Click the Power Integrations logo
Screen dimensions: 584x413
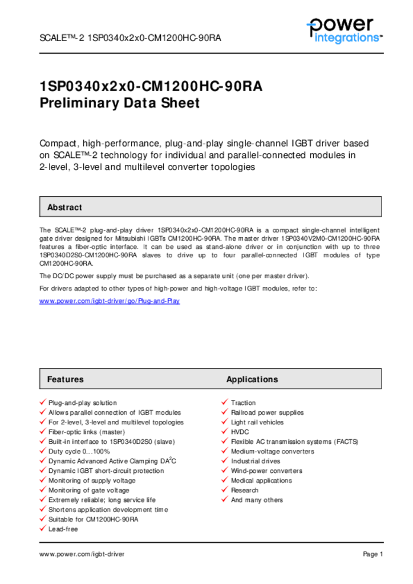(344, 30)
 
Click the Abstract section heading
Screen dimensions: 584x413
(64, 208)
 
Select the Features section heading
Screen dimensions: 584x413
(65, 379)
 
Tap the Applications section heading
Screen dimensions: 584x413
(252, 379)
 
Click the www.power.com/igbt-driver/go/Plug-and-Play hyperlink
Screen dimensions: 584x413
(110, 301)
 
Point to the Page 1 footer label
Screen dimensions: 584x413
(372, 554)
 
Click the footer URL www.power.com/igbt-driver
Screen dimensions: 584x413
(82, 554)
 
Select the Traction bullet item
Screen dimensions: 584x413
(243, 403)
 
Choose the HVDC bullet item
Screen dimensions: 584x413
(240, 432)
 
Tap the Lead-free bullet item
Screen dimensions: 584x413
(63, 529)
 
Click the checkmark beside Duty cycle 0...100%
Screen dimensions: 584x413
(43, 451)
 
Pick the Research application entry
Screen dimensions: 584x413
(245, 490)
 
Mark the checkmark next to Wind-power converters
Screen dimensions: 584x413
(225, 471)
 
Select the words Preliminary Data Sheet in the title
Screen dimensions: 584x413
(120, 103)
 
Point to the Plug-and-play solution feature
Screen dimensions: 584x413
(82, 403)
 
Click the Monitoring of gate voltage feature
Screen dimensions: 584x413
(88, 490)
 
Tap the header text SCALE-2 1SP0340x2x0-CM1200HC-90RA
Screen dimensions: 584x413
(130, 38)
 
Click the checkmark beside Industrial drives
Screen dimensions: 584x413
(225, 461)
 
